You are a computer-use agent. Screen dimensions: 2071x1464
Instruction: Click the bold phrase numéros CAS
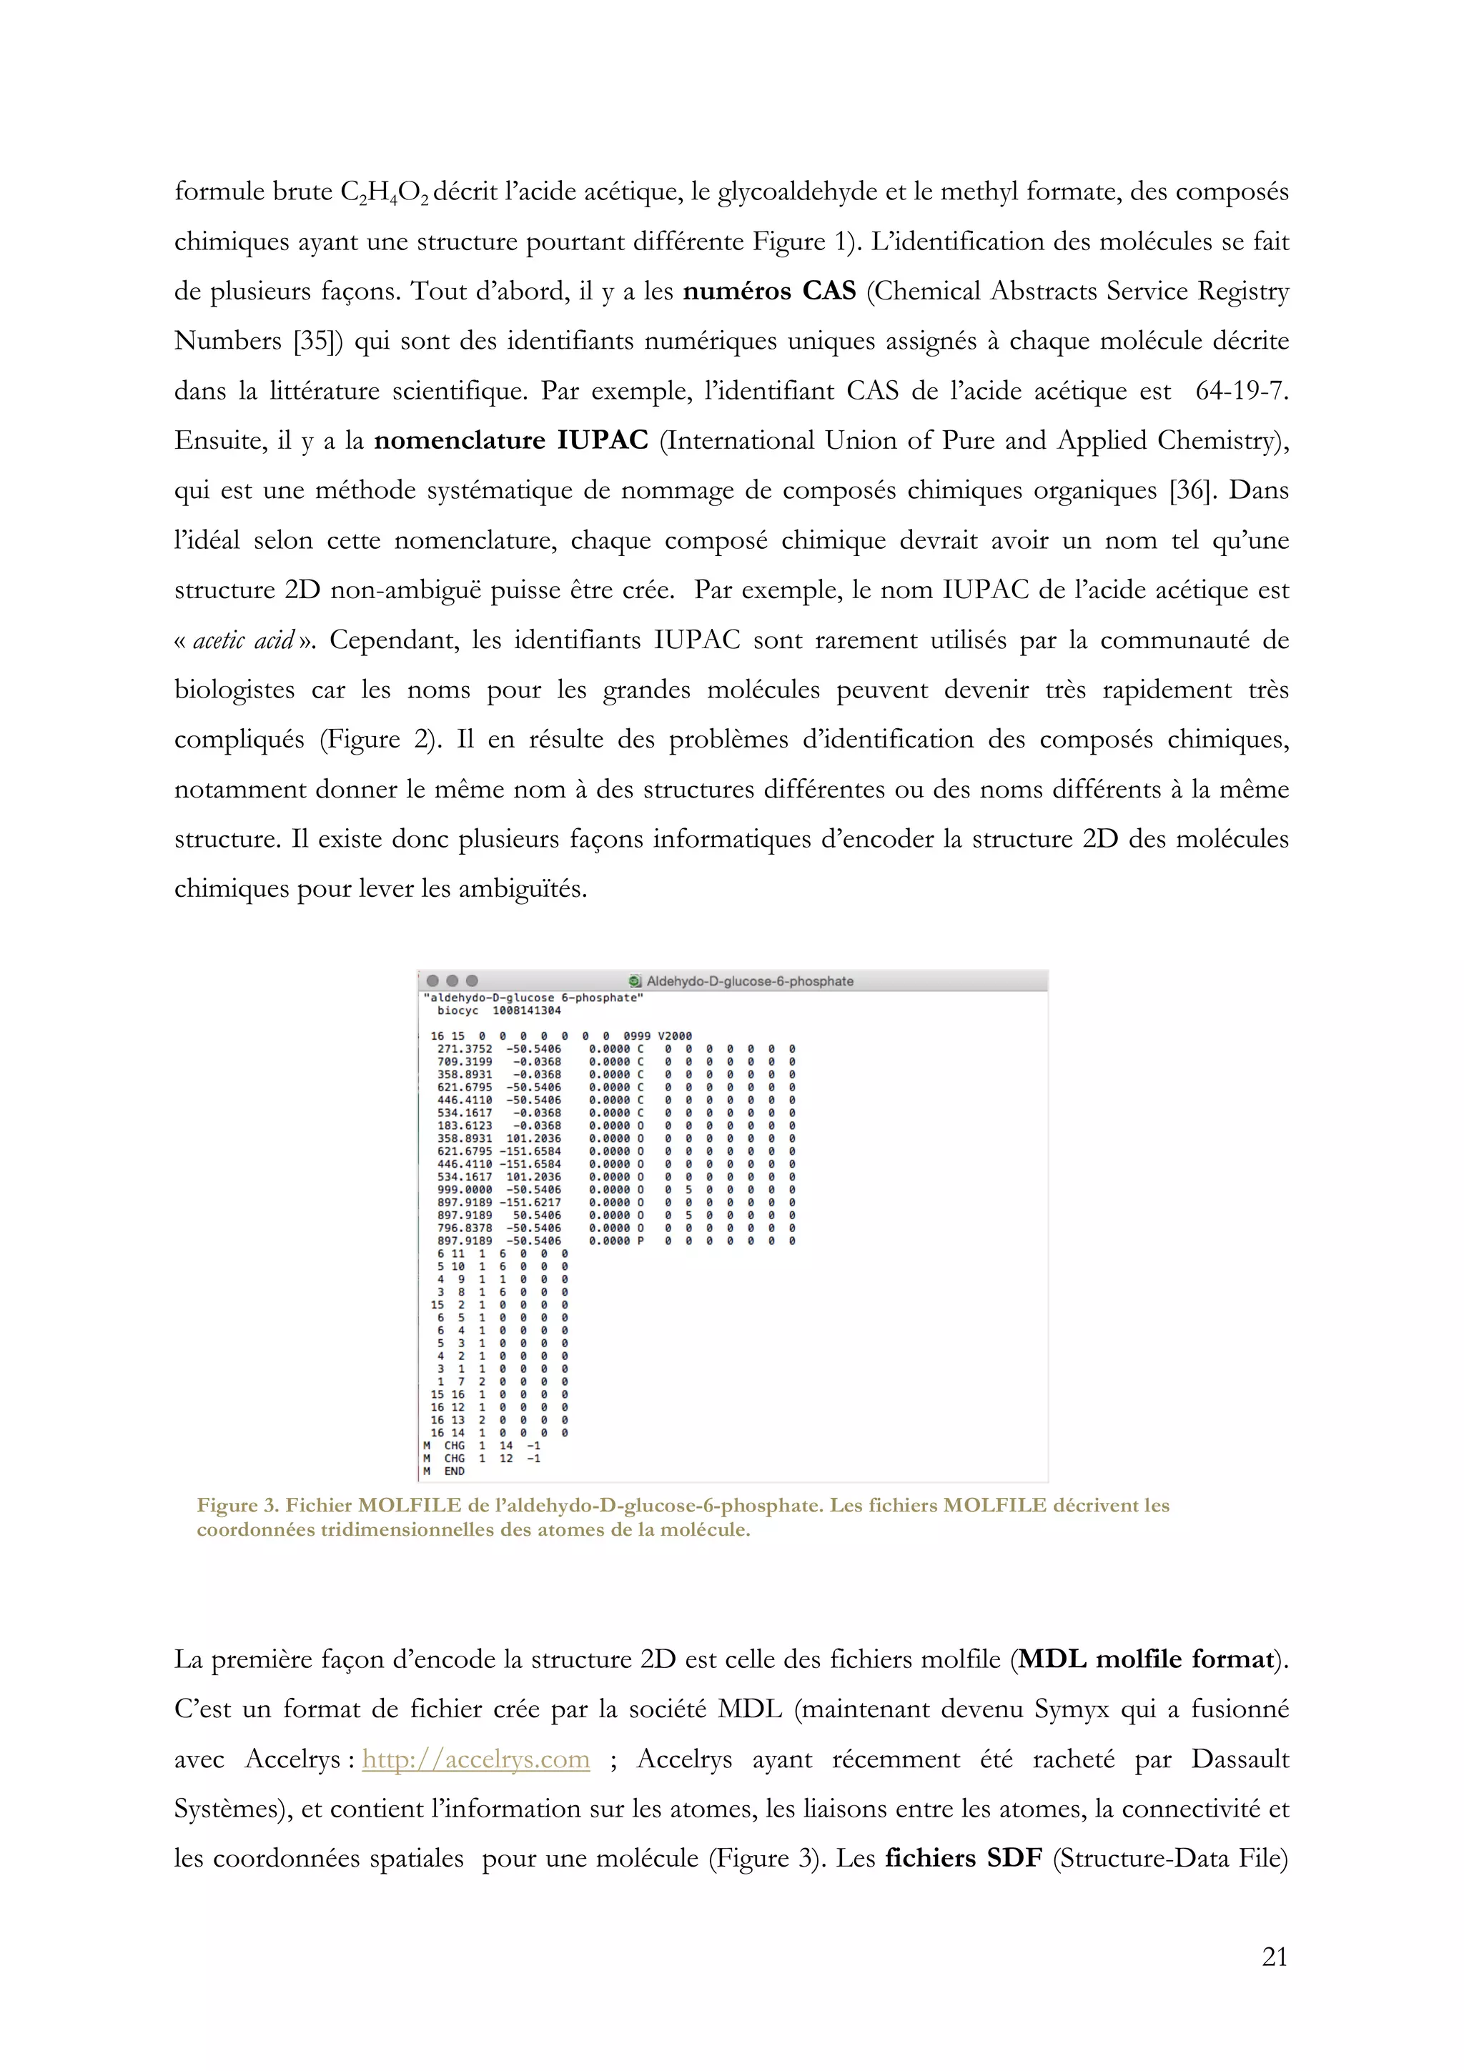tap(768, 292)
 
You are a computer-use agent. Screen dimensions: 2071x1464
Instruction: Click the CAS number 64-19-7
tap(1241, 392)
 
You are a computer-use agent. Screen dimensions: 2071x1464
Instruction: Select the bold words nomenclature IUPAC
tap(510, 441)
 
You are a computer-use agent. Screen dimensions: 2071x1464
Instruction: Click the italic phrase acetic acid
tap(244, 640)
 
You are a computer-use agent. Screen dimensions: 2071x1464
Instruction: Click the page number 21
tap(1274, 1957)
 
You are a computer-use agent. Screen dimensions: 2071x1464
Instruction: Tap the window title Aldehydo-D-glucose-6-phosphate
tap(750, 981)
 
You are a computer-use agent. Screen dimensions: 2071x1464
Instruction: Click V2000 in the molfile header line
tap(675, 1035)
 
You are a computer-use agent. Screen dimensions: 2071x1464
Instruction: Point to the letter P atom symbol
tap(640, 1241)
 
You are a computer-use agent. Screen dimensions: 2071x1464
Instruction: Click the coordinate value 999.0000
tap(465, 1190)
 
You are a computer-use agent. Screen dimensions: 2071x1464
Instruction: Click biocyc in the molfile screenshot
tap(458, 1010)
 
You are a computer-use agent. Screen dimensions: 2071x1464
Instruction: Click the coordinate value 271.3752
tap(465, 1049)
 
